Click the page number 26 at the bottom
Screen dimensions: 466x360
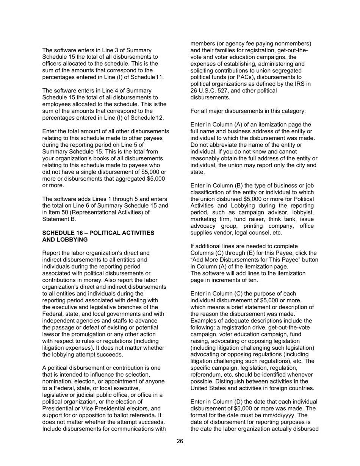coord(180,441)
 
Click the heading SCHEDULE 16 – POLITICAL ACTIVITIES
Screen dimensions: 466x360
coord(98,233)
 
